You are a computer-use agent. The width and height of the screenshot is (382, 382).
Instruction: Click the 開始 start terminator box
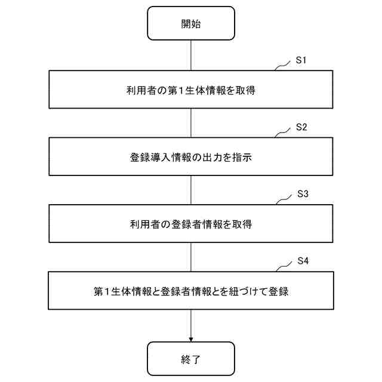pos(191,23)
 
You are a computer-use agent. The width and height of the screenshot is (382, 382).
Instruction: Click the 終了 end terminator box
pos(191,359)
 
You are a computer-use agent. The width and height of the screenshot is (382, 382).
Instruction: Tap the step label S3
pos(302,195)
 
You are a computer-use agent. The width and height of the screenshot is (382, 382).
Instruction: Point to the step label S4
pos(302,262)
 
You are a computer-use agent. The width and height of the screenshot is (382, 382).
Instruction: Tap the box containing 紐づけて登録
pos(191,291)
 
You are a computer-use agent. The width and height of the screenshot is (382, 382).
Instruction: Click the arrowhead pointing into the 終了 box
pos(191,337)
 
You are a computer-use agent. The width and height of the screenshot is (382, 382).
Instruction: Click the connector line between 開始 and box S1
pos(191,56)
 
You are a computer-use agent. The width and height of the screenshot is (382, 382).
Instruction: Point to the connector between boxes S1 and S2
pos(191,123)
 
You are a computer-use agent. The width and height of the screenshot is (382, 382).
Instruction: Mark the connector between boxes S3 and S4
pos(191,257)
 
